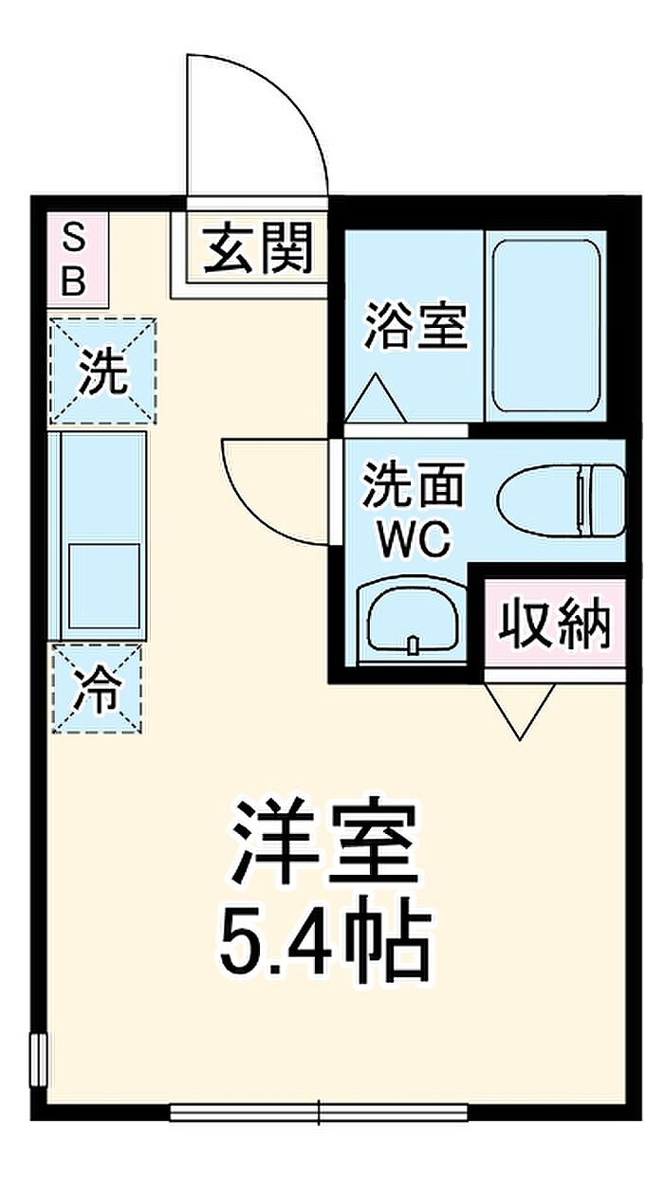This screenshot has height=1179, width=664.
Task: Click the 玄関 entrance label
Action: pos(259,247)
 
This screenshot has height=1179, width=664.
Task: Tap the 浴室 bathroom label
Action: pos(416,325)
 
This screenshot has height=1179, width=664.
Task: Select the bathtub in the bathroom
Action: pos(546,326)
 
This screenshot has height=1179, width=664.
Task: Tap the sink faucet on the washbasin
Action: pos(414,645)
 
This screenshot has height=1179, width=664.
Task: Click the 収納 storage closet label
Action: pos(555,625)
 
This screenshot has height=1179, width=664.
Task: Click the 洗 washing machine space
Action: pos(102,371)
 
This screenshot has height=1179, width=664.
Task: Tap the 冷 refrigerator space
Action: pos(98,689)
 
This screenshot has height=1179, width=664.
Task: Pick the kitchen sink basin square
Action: pos(103,586)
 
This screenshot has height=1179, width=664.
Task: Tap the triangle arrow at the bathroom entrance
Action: pos(376,398)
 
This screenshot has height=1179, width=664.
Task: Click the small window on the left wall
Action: pos(39,1054)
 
